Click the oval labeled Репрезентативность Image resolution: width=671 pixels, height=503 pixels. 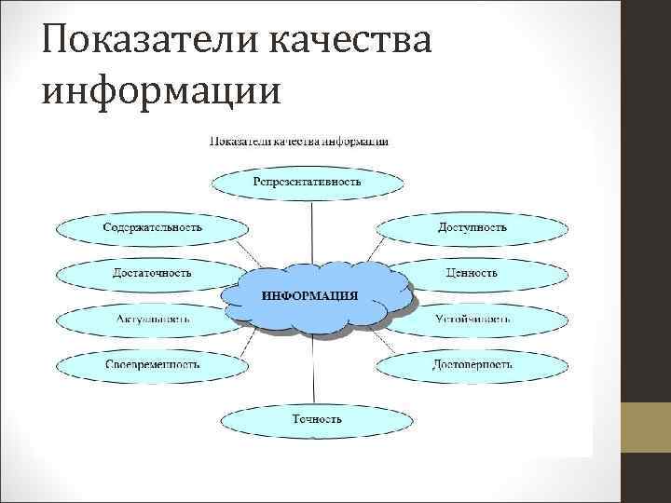[x=307, y=181]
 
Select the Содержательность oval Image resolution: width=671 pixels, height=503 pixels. [x=152, y=227]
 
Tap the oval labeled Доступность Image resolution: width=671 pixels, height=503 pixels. [x=471, y=227]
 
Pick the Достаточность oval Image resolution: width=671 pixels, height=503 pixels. [x=152, y=273]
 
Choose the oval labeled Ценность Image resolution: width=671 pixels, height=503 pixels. [x=472, y=273]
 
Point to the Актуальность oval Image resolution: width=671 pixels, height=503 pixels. [x=152, y=319]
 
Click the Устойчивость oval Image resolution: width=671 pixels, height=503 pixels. [x=472, y=319]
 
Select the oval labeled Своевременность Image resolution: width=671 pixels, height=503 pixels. [x=152, y=363]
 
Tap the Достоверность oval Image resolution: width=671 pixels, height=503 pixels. [x=472, y=363]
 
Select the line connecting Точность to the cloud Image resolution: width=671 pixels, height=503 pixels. [x=310, y=368]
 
